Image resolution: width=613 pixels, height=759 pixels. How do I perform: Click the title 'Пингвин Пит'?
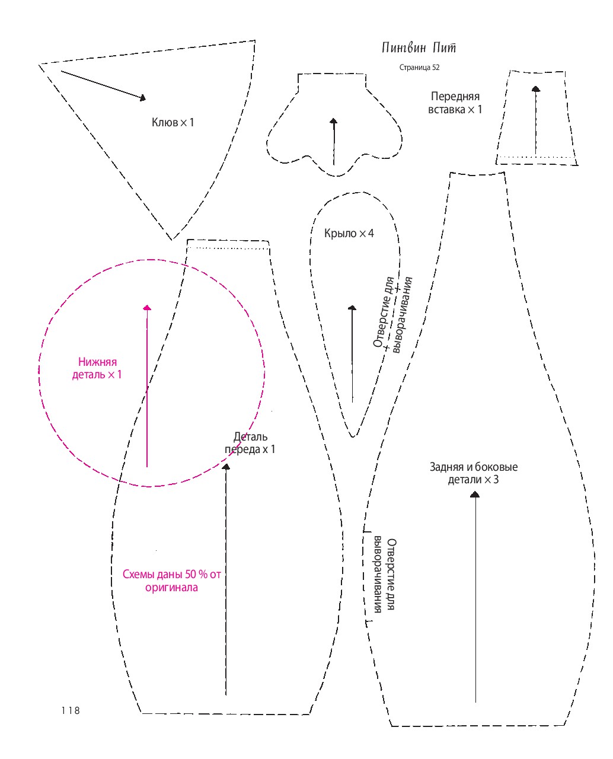[x=418, y=47]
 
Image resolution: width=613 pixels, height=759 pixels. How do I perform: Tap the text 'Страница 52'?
[x=419, y=68]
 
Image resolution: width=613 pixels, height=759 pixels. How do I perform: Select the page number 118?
[x=70, y=710]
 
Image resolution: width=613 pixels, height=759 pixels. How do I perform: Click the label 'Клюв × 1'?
[x=173, y=122]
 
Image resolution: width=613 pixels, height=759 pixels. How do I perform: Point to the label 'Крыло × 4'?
[x=349, y=234]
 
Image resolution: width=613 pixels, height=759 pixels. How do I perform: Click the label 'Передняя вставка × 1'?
[x=455, y=103]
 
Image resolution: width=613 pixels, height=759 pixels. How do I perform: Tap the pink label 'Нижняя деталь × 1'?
[x=97, y=368]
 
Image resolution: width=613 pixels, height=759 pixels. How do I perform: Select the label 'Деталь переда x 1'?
[x=250, y=443]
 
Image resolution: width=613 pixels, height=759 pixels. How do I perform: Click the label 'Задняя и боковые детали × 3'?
[x=473, y=473]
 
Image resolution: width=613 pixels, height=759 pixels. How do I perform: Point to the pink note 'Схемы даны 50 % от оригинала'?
[x=172, y=581]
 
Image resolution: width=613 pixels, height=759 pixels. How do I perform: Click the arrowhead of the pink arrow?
[x=147, y=307]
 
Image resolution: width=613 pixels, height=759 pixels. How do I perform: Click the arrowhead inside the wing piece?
[x=352, y=308]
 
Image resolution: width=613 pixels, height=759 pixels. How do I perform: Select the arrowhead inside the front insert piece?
[x=536, y=89]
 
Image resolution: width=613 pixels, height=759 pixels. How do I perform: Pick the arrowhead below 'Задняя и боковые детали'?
[x=474, y=495]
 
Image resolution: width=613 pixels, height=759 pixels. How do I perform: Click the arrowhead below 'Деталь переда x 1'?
[x=225, y=467]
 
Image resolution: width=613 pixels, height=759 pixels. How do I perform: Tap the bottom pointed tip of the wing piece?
[x=353, y=436]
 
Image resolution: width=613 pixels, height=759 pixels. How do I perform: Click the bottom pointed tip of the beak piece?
[x=172, y=240]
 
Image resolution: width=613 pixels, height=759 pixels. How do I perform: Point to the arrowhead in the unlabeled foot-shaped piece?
[x=333, y=121]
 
